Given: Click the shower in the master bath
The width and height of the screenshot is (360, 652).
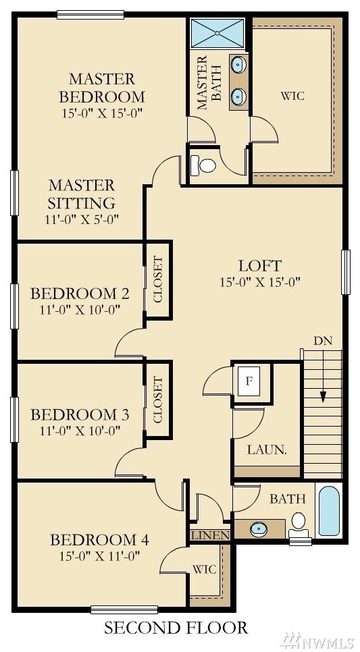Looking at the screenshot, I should click(x=217, y=32).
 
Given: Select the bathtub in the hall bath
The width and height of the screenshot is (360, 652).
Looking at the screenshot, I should click(x=329, y=510).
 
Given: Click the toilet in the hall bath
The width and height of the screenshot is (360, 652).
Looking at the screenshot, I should click(x=299, y=523).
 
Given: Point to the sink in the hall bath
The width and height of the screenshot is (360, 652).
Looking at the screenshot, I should click(x=259, y=529).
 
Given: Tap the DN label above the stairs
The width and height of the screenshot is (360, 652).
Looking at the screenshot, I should click(x=323, y=340).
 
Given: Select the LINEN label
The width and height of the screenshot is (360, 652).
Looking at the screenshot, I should click(x=209, y=535).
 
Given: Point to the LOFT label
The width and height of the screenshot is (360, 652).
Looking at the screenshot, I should click(x=259, y=265).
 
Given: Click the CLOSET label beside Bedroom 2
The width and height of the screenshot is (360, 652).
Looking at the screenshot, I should click(x=159, y=279).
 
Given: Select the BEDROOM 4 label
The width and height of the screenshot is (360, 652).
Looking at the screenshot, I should click(x=99, y=539).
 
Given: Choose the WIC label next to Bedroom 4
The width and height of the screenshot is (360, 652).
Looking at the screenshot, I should click(x=204, y=569).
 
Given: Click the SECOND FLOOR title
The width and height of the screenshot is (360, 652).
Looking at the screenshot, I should click(x=176, y=628).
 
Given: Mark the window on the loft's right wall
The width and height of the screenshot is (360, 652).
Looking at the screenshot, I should click(x=346, y=272).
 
